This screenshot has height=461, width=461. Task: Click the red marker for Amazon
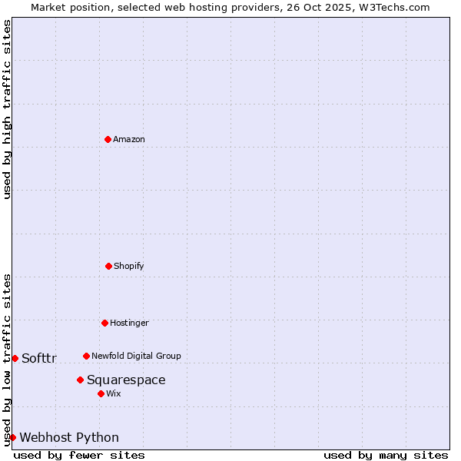108,139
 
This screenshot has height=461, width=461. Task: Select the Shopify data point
108,266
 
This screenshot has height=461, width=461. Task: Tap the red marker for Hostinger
104,323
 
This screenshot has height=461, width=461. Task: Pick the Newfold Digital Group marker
86,356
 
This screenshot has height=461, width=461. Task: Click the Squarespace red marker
80,380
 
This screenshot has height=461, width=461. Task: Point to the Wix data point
101,393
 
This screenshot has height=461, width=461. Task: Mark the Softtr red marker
15,358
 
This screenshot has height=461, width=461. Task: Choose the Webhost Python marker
12,437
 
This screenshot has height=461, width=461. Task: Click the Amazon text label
129,139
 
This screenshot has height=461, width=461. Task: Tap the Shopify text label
129,266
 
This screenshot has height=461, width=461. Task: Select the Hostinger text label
129,323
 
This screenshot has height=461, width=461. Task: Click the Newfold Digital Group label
136,356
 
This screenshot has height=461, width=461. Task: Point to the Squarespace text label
126,380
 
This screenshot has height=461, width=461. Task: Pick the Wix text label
114,393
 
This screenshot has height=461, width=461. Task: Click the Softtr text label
39,358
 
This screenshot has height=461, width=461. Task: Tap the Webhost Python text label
69,437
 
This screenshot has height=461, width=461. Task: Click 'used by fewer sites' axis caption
79,455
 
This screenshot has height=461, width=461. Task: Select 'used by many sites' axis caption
386,455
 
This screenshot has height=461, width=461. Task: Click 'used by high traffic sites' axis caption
7,109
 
